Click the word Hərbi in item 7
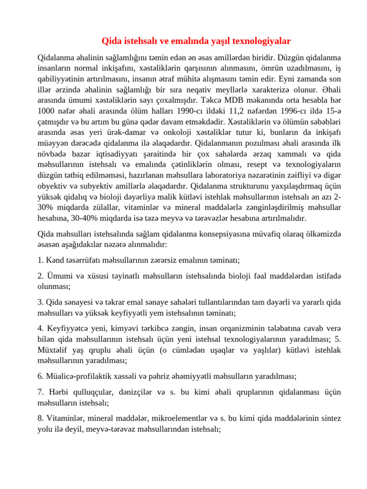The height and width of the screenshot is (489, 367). coord(59,392)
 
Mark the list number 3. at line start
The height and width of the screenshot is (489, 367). coord(41,302)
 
